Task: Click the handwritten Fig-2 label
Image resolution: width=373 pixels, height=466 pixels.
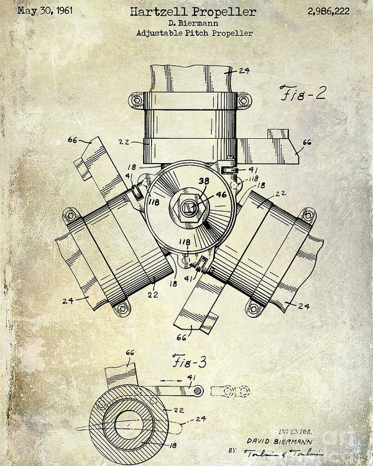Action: [303, 95]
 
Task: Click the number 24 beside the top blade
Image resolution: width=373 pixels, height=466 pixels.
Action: [244, 70]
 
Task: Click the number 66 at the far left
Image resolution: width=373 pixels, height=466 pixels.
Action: [73, 141]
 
